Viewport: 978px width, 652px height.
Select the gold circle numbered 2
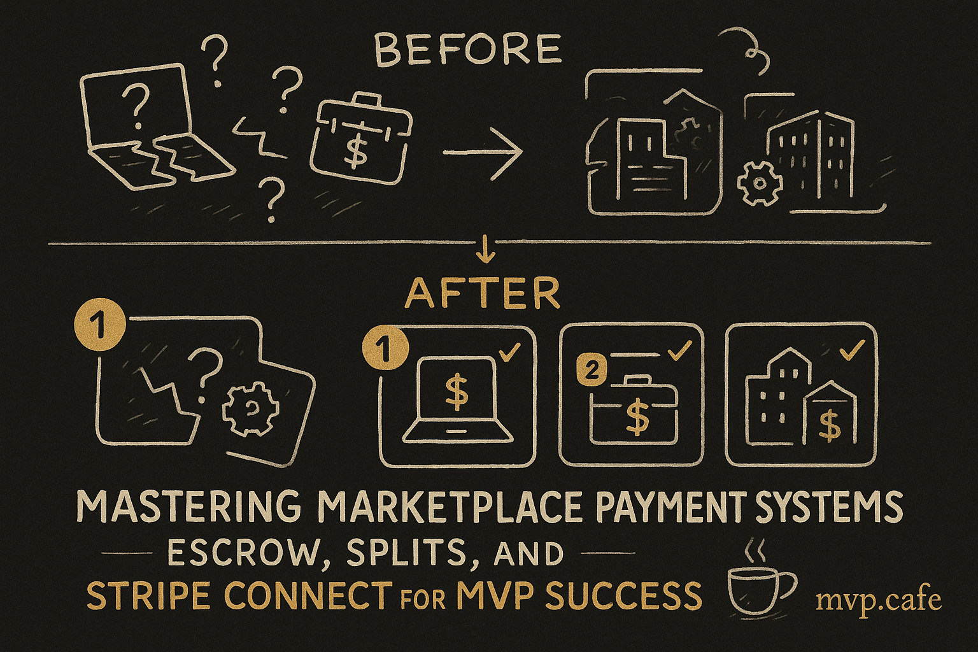(x=591, y=371)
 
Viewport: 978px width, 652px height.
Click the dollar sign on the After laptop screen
(x=456, y=392)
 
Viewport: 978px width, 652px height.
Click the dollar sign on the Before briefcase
(x=353, y=148)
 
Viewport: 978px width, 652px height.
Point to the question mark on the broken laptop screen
(x=136, y=106)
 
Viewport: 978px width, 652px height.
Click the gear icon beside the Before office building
(x=759, y=183)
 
